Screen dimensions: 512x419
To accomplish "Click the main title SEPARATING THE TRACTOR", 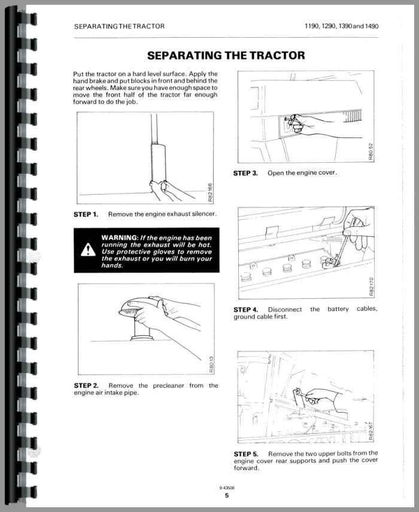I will click(x=226, y=56).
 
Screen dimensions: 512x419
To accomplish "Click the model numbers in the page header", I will click(x=341, y=26).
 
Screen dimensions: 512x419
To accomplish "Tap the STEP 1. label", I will click(x=86, y=214).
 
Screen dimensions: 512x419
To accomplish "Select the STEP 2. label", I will click(x=86, y=385).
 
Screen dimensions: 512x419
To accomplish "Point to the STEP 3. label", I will click(x=245, y=173).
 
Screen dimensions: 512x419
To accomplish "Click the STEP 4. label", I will click(x=246, y=309).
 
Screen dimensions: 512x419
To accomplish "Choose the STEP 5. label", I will click(x=246, y=453).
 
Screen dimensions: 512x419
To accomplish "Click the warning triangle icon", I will click(x=88, y=249).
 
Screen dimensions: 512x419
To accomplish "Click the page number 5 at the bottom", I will click(x=227, y=495).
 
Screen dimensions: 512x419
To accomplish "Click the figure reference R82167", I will click(x=372, y=430).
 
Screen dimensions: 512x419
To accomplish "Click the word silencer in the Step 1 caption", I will click(x=203, y=214).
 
